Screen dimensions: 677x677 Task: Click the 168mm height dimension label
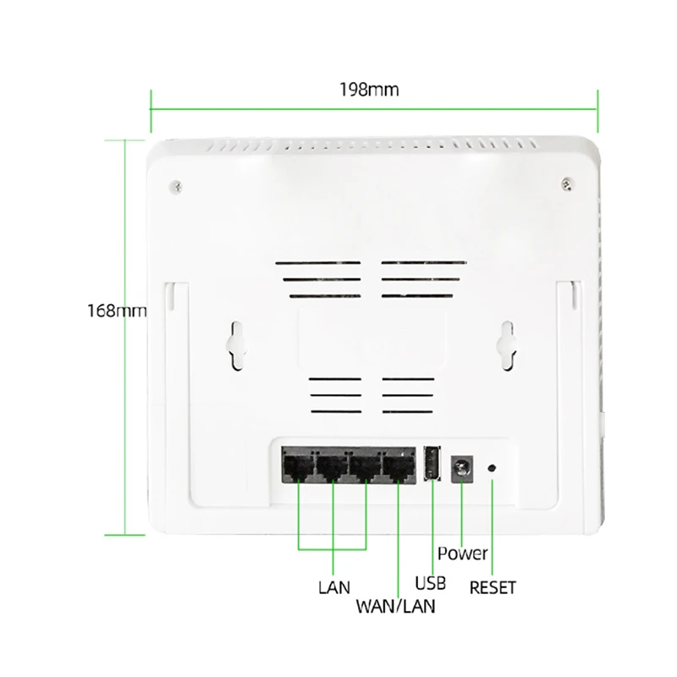117,311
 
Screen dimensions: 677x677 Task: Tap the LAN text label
333,586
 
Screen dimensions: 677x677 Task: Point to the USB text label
431,583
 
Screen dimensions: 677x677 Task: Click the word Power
463,553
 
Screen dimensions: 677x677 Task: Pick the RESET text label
493,586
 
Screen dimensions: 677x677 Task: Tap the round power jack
463,465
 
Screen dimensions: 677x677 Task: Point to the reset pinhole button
493,466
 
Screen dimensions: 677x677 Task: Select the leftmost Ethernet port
296,467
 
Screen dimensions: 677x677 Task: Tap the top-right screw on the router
567,183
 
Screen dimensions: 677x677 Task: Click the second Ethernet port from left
330,467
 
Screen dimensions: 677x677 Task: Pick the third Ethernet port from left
364,467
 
